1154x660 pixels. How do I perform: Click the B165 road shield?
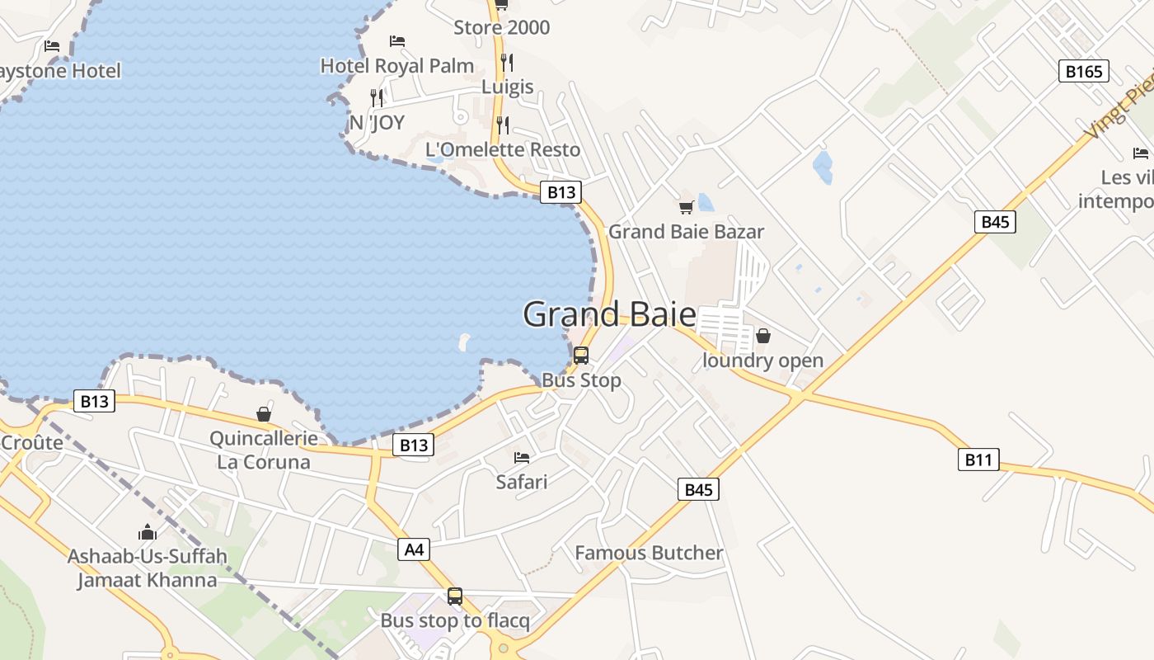[x=1083, y=71]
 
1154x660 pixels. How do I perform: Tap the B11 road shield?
[x=978, y=460]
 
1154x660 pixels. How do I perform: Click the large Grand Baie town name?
[x=609, y=314]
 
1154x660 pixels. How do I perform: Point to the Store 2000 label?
[x=501, y=27]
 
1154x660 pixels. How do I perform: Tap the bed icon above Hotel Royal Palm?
[x=397, y=41]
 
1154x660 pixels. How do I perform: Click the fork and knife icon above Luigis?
[x=507, y=62]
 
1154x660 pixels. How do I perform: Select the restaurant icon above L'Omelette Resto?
[x=503, y=125]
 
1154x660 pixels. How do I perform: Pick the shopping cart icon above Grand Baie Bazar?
[x=686, y=207]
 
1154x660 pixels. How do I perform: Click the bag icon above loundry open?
[x=763, y=336]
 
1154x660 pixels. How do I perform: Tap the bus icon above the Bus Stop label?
[x=581, y=356]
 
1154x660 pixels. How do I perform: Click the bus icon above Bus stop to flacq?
[x=455, y=596]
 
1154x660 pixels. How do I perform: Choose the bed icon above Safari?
[x=522, y=457]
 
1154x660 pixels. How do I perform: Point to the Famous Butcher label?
[x=649, y=553]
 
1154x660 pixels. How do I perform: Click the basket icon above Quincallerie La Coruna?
[x=264, y=413]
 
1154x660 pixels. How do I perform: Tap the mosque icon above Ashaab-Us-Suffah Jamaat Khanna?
[x=148, y=532]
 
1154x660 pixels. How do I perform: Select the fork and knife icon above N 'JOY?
[x=377, y=98]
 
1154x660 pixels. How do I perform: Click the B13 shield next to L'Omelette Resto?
[x=561, y=192]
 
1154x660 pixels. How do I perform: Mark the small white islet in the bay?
[x=464, y=341]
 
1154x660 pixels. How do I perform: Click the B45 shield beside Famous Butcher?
[x=698, y=489]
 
